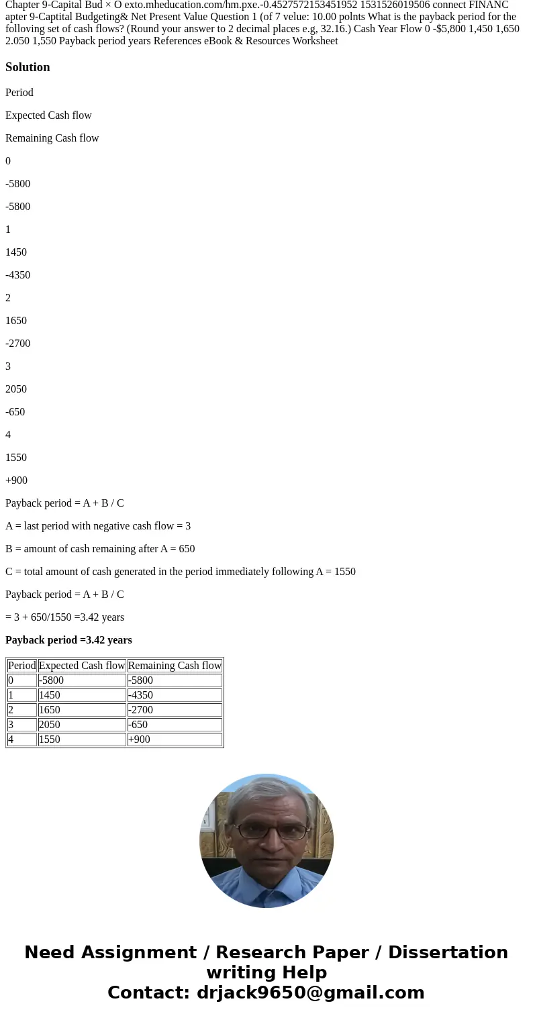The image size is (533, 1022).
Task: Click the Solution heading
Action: [28, 67]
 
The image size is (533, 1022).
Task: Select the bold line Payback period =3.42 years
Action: [68, 640]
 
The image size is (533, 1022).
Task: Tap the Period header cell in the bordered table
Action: [21, 666]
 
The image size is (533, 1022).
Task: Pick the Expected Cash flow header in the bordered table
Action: [82, 666]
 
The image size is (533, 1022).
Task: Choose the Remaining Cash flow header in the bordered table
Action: [175, 666]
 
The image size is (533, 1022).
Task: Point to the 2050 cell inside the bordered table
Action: [50, 725]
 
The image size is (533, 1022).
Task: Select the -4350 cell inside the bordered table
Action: [140, 695]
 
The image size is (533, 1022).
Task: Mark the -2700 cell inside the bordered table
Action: [140, 710]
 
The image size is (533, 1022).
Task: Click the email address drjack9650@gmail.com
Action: [310, 992]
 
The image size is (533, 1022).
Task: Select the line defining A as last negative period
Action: [98, 526]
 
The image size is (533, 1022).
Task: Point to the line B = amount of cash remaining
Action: [100, 549]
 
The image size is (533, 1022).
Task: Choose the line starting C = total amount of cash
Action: [181, 572]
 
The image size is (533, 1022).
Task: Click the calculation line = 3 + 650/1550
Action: [64, 617]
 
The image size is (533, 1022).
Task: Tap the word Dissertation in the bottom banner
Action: [448, 953]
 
